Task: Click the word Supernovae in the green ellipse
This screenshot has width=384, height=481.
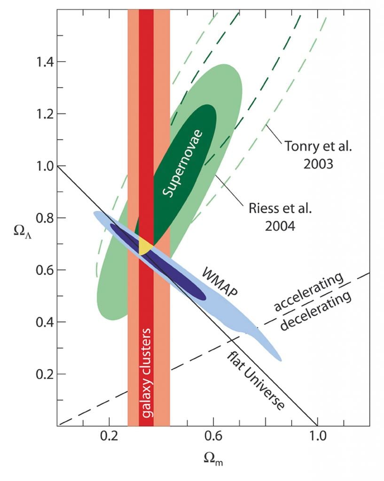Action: [x=182, y=162]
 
